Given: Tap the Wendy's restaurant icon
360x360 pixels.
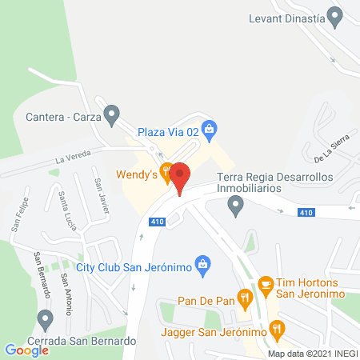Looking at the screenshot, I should (166, 170).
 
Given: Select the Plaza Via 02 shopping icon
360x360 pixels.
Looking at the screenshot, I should (210, 127).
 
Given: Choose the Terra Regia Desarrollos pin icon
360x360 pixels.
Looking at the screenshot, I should (235, 207).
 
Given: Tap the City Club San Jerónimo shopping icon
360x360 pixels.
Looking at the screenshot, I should (204, 263).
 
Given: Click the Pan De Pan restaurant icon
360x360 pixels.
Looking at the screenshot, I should (247, 297).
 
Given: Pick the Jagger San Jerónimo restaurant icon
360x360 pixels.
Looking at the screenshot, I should (277, 327).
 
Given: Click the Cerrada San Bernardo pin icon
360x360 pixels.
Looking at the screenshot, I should (46, 320).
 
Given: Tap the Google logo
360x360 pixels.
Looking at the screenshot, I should (26, 349).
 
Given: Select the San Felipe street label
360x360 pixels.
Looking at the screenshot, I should (19, 214).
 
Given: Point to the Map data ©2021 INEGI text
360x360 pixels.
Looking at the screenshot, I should (313, 353).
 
